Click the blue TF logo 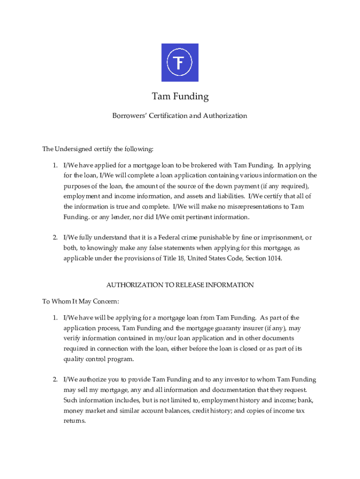(x=180, y=63)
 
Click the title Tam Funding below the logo (x=180, y=97)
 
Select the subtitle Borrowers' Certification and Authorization (x=180, y=116)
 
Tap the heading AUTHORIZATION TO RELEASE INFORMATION (x=180, y=285)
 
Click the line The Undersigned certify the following (x=98, y=149)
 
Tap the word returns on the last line (x=75, y=421)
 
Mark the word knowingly (x=98, y=248)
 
